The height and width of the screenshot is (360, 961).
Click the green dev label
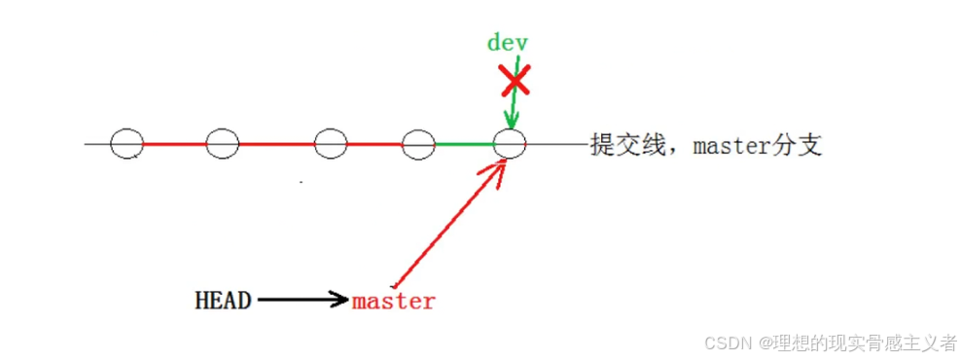(507, 43)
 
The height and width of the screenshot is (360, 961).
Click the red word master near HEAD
(393, 302)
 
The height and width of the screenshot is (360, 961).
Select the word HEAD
(224, 301)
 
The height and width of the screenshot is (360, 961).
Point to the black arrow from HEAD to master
(302, 301)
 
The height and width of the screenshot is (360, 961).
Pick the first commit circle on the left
(126, 144)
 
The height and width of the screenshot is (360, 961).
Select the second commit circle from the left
(223, 144)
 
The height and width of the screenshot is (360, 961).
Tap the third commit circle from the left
(331, 144)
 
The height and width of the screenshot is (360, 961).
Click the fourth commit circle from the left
(418, 144)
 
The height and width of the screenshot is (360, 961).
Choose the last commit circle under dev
(510, 144)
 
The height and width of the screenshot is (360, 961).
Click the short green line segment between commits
(464, 144)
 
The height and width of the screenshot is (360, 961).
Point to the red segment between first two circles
(174, 144)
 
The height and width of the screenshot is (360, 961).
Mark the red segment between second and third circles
(277, 144)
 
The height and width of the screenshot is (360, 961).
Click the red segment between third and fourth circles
(374, 144)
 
